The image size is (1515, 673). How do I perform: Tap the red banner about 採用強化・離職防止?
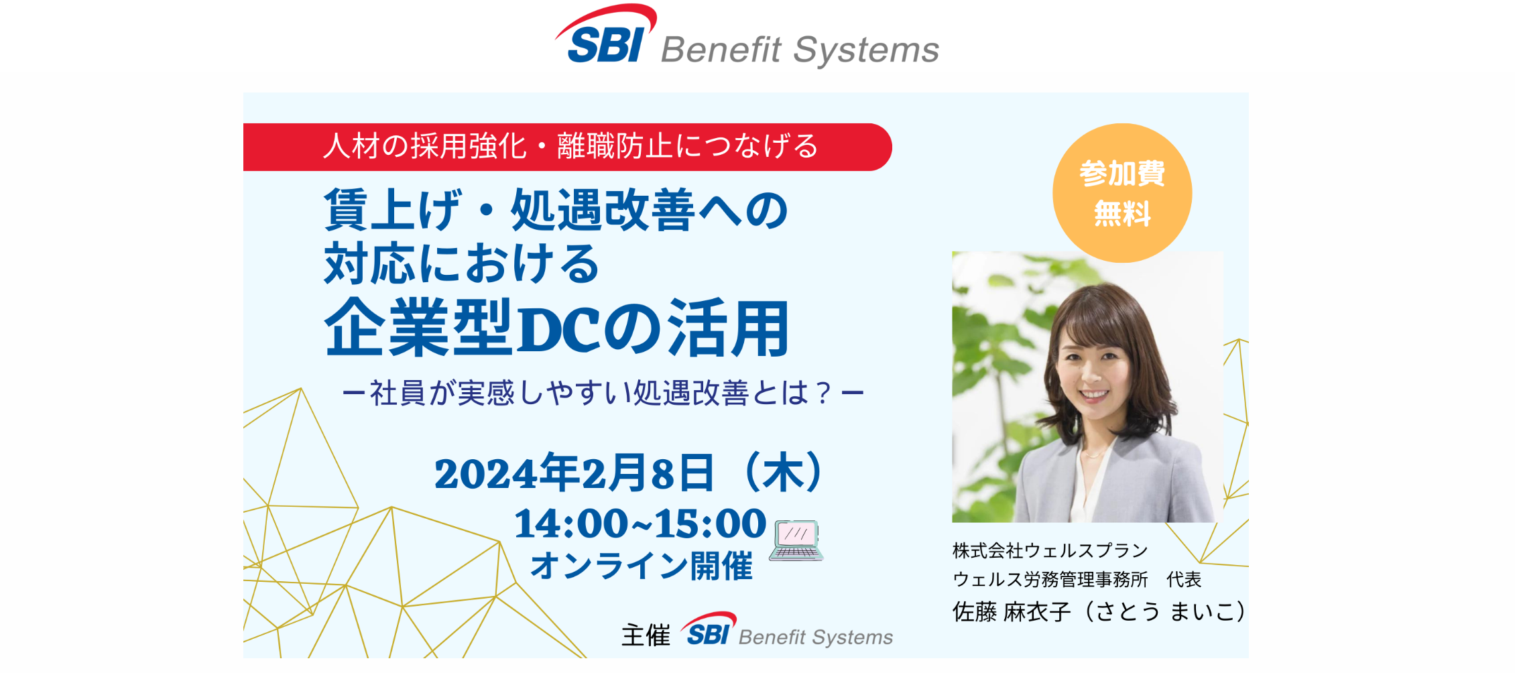pos(570,147)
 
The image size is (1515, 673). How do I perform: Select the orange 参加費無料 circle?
pos(1122,193)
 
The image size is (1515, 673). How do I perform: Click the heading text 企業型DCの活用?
pos(556,328)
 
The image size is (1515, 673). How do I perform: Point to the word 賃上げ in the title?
pos(393,210)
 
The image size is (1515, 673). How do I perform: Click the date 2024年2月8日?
pos(574,473)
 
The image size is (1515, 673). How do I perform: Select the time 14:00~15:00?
pos(640,524)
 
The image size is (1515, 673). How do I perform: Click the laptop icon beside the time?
pos(796,540)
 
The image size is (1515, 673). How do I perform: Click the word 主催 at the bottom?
pos(646,635)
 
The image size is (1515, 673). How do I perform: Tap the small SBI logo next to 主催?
pos(709,630)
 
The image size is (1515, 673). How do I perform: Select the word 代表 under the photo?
pos(1184,579)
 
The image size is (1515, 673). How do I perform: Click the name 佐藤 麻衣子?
pos(1012,612)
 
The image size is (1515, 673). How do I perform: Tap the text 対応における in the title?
pos(461,263)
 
